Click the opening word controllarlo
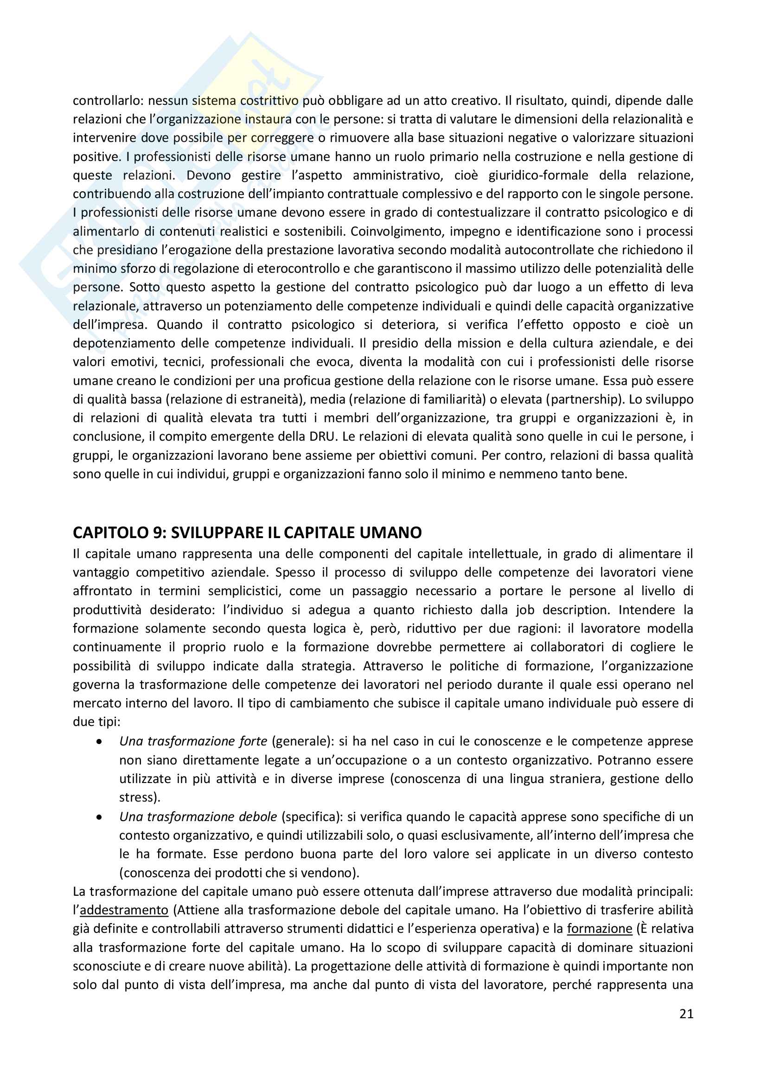pyautogui.click(x=107, y=101)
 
